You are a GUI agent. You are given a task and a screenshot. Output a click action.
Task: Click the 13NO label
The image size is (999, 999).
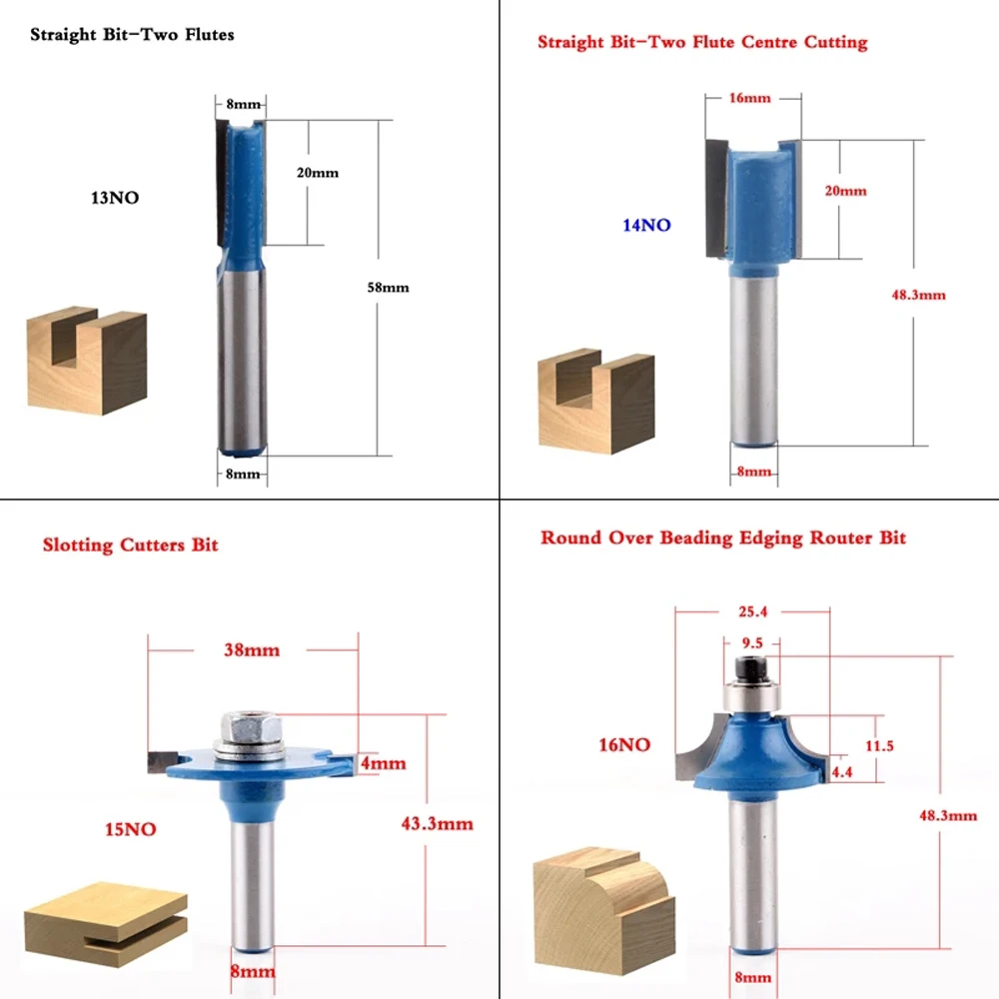coord(115,198)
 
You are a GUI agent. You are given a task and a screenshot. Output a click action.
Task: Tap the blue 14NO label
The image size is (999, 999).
coord(646,225)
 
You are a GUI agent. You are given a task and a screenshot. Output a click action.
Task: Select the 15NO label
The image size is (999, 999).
coord(131,829)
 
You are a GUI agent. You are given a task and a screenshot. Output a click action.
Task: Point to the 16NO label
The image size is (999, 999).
coord(624,745)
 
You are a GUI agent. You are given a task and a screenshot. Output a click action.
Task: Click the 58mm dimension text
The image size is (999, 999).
coord(388,288)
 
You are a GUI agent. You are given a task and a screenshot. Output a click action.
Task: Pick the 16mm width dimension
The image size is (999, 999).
coord(750,98)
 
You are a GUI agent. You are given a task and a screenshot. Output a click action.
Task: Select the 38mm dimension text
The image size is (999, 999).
coord(252,650)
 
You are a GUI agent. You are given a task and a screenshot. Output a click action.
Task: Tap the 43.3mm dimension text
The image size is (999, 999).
coord(438,824)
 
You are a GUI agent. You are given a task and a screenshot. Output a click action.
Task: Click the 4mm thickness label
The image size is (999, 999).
coord(383,763)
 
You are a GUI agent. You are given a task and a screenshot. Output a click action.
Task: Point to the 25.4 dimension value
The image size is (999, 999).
coord(753,611)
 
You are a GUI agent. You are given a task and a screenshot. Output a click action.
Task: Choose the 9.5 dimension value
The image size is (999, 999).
coord(752,642)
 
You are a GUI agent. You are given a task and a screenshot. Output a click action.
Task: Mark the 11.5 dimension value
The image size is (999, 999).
coord(879,745)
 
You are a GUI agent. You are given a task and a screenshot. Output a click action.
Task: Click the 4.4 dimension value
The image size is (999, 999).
coord(841,772)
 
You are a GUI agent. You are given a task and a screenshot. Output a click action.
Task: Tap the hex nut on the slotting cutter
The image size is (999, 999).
coord(252,727)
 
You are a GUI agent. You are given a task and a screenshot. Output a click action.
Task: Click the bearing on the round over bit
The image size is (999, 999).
coord(752,698)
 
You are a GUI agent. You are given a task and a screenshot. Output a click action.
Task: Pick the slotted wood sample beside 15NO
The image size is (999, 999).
coord(106,924)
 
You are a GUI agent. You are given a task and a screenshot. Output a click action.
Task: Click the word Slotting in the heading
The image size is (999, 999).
coord(78,545)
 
